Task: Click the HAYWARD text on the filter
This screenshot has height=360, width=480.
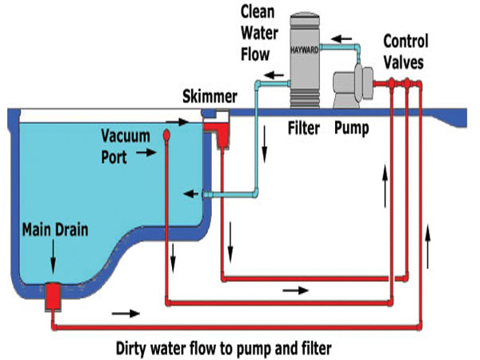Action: tap(304, 50)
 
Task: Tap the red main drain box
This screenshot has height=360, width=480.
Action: tap(54, 296)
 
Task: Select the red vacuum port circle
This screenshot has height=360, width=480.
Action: tap(166, 135)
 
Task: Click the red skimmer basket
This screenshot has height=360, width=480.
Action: tap(219, 134)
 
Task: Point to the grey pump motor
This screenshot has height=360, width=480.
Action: tap(353, 86)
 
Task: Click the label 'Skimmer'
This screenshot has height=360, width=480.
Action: tap(210, 97)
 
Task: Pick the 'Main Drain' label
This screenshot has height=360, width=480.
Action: tap(55, 230)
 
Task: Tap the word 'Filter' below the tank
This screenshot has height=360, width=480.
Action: tap(304, 128)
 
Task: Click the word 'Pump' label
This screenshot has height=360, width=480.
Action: tap(352, 128)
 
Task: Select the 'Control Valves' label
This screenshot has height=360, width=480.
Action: tap(406, 52)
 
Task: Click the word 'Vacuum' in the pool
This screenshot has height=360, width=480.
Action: tap(126, 136)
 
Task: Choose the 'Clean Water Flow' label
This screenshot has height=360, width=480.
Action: tap(259, 33)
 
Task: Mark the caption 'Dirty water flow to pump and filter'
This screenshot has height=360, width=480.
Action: tap(224, 348)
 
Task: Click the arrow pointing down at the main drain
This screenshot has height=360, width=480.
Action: tap(54, 257)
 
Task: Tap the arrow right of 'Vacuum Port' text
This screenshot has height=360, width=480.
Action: tap(146, 152)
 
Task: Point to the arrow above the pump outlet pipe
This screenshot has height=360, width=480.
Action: tap(342, 39)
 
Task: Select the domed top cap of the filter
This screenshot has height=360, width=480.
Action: tap(305, 18)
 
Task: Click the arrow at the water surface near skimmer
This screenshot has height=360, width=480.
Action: tap(178, 122)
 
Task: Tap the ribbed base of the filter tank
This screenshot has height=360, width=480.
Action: tap(305, 98)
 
